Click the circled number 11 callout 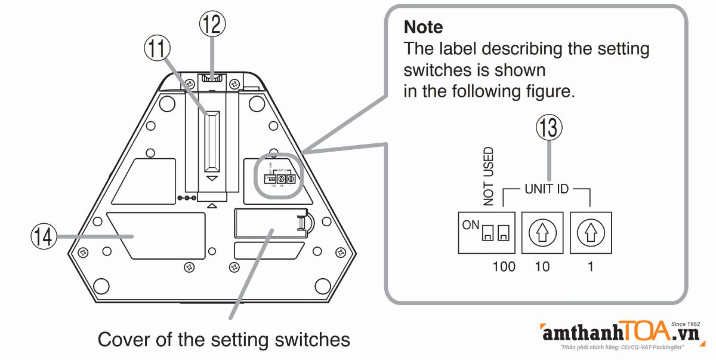(157, 50)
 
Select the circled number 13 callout (548, 128)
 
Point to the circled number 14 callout (44, 238)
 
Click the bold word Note (423, 27)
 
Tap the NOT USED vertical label (489, 176)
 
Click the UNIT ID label (547, 190)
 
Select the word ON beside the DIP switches (470, 225)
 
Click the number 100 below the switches (504, 266)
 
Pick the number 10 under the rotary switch (542, 266)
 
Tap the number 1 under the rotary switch (590, 266)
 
